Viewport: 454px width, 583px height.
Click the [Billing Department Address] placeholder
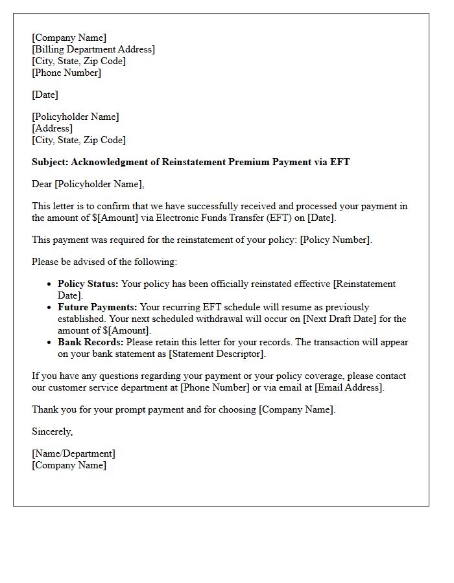[93, 49]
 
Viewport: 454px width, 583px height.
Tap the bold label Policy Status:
[88, 284]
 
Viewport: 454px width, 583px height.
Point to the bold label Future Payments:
[97, 307]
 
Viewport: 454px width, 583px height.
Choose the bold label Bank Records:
[91, 342]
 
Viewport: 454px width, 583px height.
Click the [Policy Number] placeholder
[335, 240]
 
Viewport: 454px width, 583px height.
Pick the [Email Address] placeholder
[349, 387]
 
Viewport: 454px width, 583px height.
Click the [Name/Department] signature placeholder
[73, 453]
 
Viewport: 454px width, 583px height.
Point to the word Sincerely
[52, 431]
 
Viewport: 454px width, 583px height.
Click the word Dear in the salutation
[42, 184]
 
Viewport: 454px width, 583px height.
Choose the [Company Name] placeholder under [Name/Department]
[69, 465]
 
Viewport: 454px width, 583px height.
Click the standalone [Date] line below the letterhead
[45, 95]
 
